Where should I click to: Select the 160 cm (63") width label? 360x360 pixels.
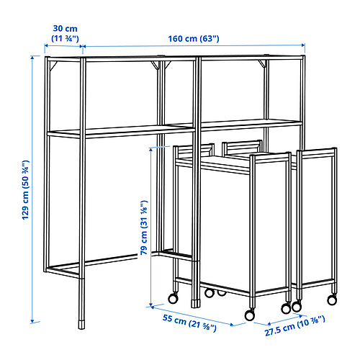click(x=194, y=39)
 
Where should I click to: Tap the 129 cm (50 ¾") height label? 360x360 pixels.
click(x=25, y=189)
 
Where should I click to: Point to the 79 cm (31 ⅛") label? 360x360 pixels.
click(x=144, y=228)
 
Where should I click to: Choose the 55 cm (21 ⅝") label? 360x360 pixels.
click(x=189, y=323)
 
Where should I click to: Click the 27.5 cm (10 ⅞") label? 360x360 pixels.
click(x=295, y=326)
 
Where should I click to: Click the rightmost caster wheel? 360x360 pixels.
click(x=332, y=300)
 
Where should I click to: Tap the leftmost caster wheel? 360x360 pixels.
click(x=173, y=298)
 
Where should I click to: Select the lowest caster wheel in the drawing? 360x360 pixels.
click(x=250, y=315)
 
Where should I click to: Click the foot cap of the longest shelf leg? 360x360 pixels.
click(x=82, y=324)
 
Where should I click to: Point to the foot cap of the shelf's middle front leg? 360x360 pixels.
click(x=195, y=303)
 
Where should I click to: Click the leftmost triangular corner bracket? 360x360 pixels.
click(x=53, y=66)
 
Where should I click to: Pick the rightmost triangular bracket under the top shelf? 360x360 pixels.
click(x=263, y=63)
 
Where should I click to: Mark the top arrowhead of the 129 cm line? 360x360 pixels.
click(x=32, y=58)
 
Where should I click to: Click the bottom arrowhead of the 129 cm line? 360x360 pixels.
click(x=32, y=321)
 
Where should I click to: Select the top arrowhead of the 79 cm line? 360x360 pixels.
click(x=150, y=150)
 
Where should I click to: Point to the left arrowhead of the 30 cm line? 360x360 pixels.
click(x=47, y=45)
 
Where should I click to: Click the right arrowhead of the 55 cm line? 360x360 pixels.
click(x=231, y=325)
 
